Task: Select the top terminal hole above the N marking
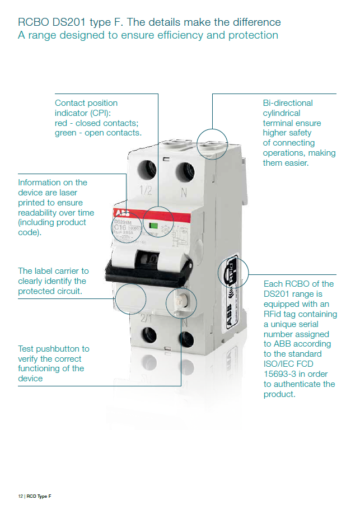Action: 184,171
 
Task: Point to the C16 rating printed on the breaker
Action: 120,228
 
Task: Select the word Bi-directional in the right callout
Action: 288,103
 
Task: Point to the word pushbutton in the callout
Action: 63,349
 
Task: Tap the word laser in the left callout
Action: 74,193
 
